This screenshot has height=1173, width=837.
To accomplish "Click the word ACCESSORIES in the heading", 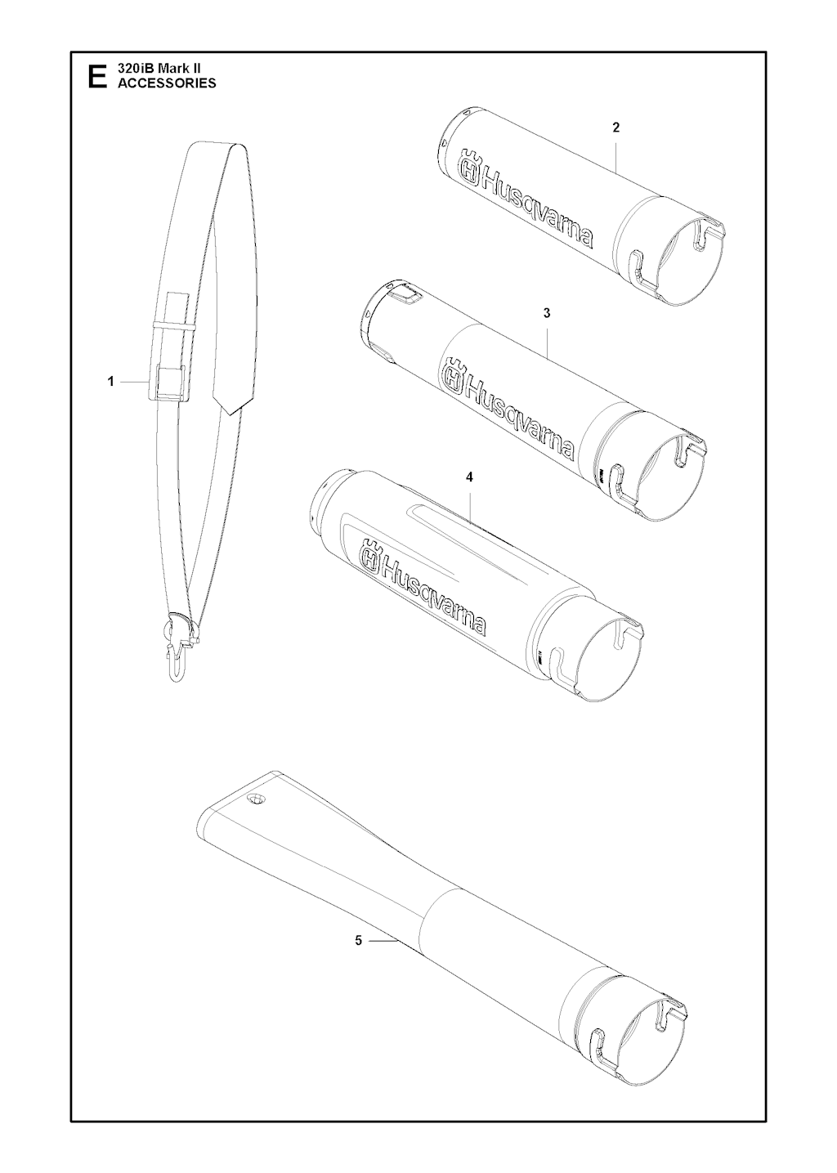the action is click(x=167, y=83).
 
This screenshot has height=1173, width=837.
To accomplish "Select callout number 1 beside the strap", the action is click(x=110, y=382).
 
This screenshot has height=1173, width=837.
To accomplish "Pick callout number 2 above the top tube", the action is click(x=616, y=128).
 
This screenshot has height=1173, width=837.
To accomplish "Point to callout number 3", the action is click(x=547, y=313).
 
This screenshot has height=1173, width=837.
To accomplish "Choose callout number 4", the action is click(x=469, y=477).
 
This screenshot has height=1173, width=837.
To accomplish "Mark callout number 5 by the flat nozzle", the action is click(x=358, y=941).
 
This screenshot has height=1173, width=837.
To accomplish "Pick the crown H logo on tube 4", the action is click(x=370, y=554).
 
